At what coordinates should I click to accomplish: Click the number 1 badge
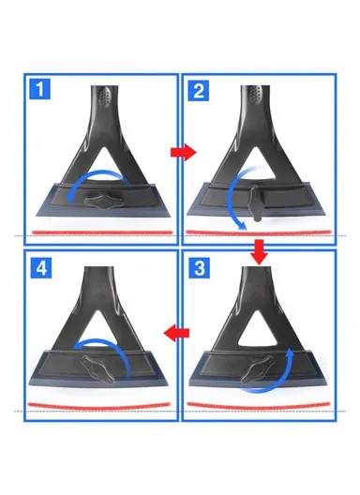tap(39, 91)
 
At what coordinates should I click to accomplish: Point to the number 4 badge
tap(39, 266)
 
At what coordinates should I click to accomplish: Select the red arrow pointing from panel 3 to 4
tap(178, 331)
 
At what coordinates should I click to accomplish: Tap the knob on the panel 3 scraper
tap(254, 373)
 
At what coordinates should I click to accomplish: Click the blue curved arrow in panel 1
tap(94, 182)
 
